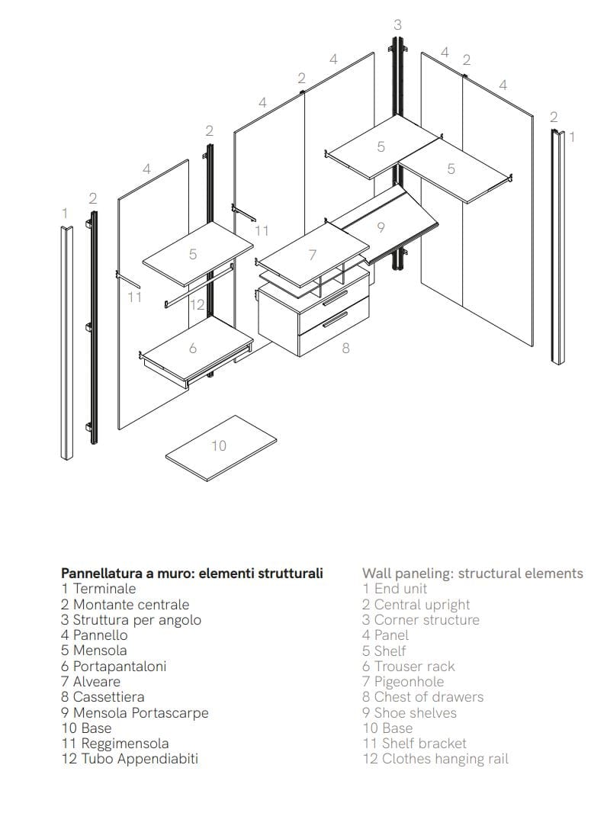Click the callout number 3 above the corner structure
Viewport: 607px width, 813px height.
tap(397, 25)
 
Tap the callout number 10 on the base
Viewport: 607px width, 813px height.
tap(219, 445)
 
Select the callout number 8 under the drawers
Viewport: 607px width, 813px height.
tap(345, 348)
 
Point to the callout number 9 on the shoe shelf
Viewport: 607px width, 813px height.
tap(381, 227)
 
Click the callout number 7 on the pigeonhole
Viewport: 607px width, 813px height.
tap(312, 255)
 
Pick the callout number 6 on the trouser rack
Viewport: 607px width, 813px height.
tap(193, 348)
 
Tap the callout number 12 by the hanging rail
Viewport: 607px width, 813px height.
tap(198, 305)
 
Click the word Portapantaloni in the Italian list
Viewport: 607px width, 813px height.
tap(120, 666)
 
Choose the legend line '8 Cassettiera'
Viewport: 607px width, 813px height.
tap(103, 696)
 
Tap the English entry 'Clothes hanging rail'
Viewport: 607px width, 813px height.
tap(445, 759)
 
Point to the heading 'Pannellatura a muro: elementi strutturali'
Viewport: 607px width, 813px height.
tap(192, 573)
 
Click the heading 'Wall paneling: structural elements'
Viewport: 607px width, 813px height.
tap(473, 573)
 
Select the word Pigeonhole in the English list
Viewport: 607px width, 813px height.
tap(409, 681)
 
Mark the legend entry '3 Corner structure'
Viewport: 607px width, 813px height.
tap(421, 619)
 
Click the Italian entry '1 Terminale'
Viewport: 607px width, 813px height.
tap(99, 588)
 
